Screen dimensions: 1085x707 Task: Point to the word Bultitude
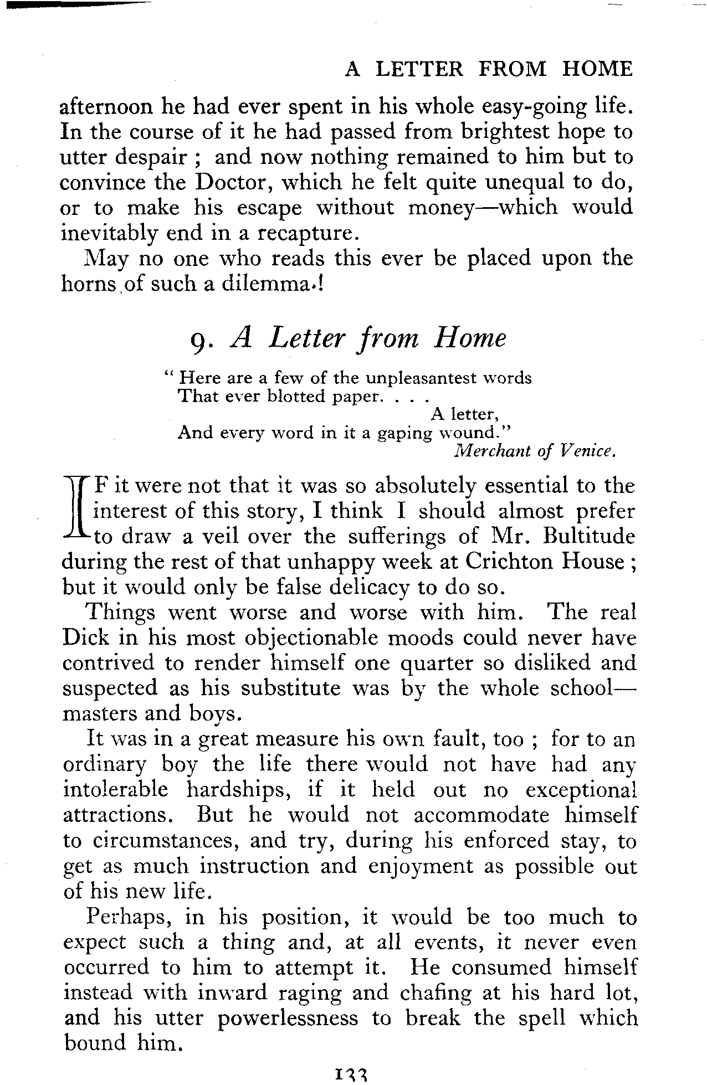[x=590, y=537]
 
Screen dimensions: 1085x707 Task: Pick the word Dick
[x=85, y=637]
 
